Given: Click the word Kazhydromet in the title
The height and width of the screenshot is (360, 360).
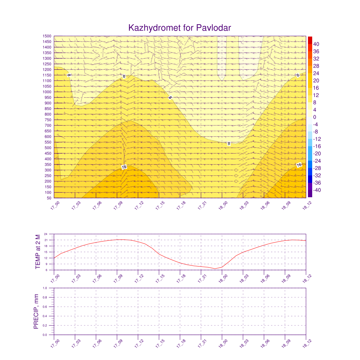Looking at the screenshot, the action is click(155, 28).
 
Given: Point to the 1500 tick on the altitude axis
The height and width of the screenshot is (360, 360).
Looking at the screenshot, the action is click(47, 36).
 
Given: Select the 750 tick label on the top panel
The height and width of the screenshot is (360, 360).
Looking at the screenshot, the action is click(48, 120).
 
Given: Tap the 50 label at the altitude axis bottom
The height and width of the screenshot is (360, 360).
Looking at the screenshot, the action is click(49, 198).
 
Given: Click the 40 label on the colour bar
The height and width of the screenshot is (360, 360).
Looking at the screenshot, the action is click(316, 44).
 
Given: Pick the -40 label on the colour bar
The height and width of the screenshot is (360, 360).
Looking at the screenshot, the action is click(317, 190).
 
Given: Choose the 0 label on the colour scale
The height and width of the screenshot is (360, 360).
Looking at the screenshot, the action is click(315, 117).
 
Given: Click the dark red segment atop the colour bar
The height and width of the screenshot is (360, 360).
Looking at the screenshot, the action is click(310, 40).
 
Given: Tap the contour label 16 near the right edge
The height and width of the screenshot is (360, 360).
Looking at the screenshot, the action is click(299, 165).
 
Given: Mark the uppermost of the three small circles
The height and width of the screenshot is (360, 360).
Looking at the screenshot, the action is click(236, 170).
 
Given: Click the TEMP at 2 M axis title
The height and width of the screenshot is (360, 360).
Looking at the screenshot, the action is click(38, 252).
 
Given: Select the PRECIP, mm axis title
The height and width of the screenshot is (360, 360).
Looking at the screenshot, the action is click(36, 311).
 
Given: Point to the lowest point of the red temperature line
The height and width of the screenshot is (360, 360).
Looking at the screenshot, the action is click(215, 269).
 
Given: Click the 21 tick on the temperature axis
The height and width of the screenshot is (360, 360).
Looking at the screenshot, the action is click(46, 240).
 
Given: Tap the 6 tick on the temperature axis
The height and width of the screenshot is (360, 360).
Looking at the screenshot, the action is click(46, 270).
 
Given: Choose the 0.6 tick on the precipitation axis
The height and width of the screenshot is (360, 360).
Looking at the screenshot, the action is click(45, 307).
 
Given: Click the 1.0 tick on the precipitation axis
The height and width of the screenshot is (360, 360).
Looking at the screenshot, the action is click(45, 288).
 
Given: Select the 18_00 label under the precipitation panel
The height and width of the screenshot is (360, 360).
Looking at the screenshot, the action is click(223, 343).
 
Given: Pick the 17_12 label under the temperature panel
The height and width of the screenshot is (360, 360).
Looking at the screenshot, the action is click(139, 278).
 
